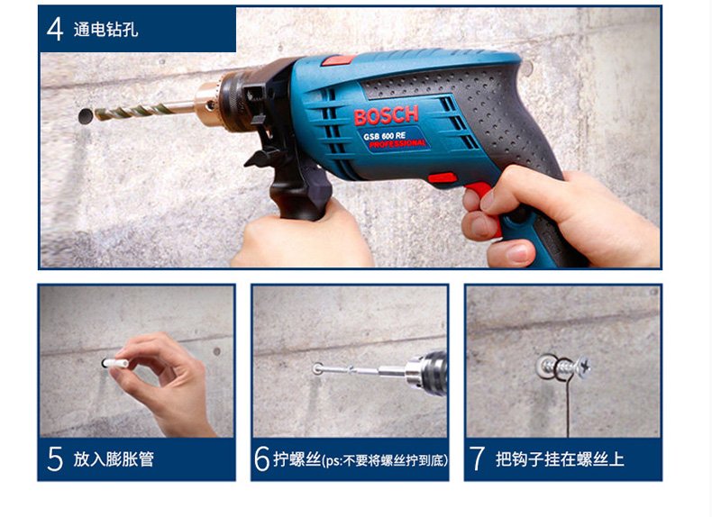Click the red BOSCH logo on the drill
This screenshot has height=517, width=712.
point(386,116)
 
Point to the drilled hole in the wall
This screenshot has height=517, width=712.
point(86,117)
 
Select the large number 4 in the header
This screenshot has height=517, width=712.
point(55,30)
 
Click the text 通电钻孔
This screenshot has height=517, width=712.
point(105,30)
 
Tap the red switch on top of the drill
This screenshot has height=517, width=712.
point(338,60)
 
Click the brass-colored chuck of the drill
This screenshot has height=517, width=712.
point(208,102)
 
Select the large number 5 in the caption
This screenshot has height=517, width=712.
point(55,458)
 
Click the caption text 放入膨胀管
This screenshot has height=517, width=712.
point(114,458)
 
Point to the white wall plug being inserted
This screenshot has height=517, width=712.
point(115,364)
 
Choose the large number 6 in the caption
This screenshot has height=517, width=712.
point(262,458)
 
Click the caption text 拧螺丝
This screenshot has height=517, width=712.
point(297,458)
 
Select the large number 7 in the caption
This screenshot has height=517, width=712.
point(477,458)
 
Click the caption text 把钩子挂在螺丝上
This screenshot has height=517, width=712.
point(560,458)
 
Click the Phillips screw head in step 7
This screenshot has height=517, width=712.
point(583,367)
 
